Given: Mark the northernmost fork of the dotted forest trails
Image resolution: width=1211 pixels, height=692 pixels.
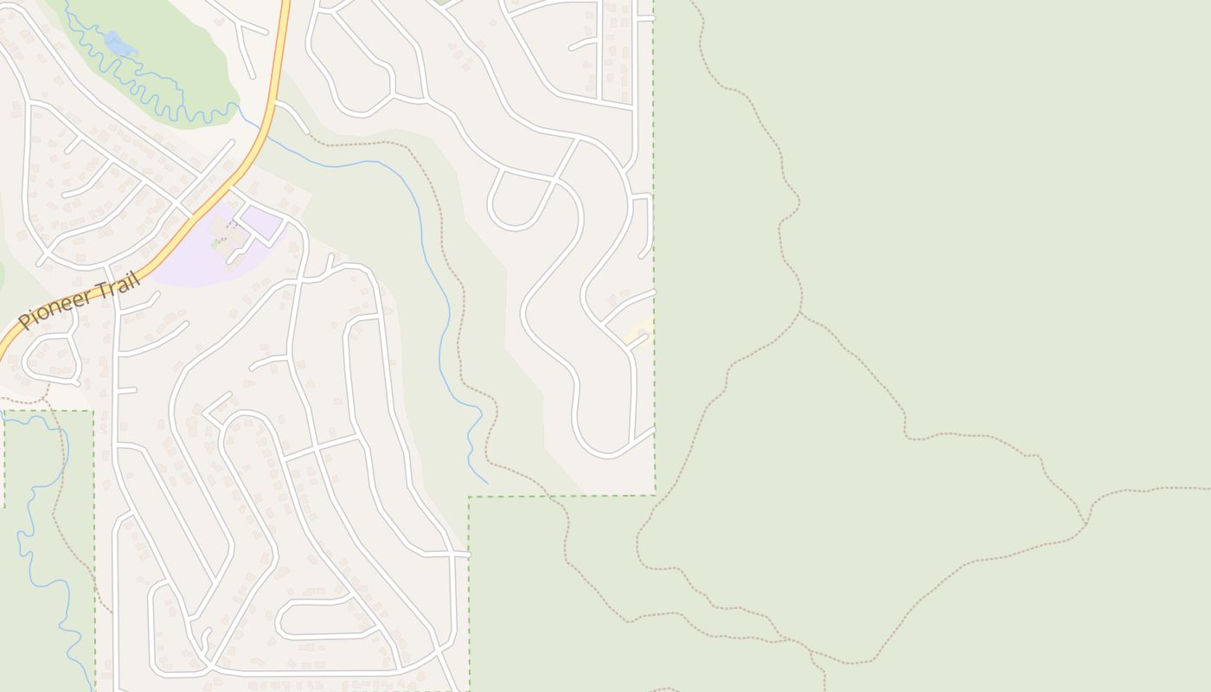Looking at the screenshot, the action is click(x=801, y=313).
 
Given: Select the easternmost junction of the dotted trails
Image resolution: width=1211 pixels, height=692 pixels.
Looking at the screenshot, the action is click(x=1086, y=524).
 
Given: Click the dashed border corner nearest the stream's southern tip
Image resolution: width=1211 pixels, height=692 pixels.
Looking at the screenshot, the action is click(x=469, y=497).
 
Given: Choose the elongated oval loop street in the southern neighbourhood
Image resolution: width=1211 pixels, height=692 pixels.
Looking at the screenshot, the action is click(x=316, y=616).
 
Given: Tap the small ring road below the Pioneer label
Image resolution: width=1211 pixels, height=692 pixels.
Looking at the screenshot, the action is click(x=50, y=360).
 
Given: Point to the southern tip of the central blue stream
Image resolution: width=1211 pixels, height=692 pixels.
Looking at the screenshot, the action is click(x=487, y=483).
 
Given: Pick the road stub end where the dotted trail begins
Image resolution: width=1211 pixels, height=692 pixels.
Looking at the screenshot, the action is click(x=308, y=134).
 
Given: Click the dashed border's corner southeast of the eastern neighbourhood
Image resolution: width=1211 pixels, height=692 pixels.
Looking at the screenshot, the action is click(x=655, y=495).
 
